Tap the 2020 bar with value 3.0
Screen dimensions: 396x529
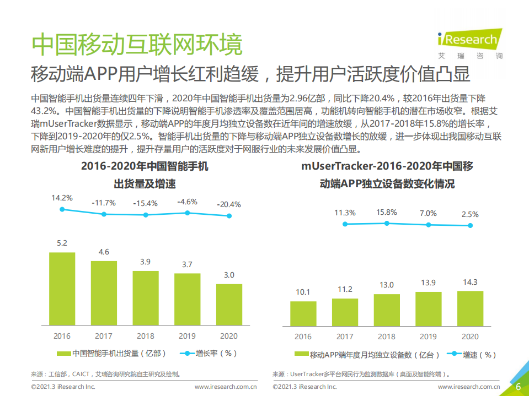229,304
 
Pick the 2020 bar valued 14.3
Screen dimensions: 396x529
470,307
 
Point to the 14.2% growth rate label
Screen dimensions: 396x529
62,197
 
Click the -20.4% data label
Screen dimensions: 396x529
229,204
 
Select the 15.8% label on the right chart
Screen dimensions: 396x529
386,212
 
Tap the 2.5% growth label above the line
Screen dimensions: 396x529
470,214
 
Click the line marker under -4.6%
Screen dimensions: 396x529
188,213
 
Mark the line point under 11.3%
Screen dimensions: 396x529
345,224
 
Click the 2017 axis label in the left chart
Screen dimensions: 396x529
104,335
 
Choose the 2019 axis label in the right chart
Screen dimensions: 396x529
428,337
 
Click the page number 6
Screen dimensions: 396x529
518,387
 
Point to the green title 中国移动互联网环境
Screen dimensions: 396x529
136,45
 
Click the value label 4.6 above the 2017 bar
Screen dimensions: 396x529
104,252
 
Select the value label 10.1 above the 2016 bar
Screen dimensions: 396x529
303,292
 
